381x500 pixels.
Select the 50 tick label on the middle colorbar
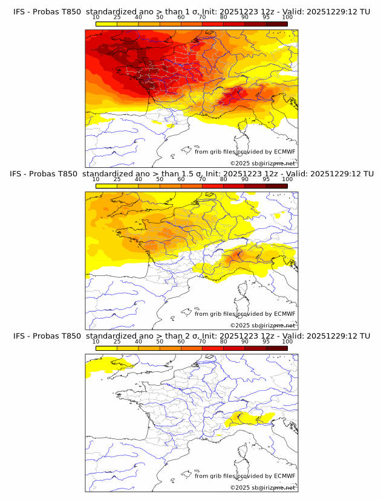tap(160, 179)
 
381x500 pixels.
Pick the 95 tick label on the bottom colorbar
tap(266, 341)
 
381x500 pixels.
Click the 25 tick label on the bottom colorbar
tap(117, 341)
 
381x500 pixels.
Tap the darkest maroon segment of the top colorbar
tap(277, 24)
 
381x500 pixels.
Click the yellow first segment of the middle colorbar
tap(106, 185)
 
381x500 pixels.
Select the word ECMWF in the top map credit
tap(284, 152)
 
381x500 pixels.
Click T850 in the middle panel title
tap(71, 174)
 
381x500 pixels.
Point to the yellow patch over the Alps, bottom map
tap(254, 417)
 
